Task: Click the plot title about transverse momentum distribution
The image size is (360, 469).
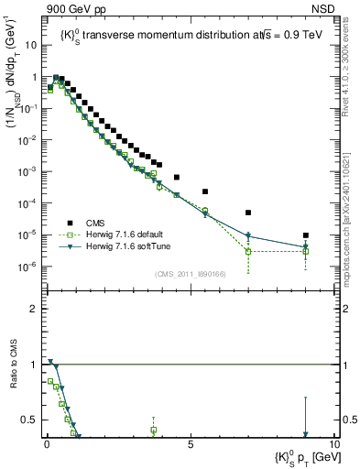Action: click(x=188, y=35)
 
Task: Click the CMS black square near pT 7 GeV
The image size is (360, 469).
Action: click(x=248, y=213)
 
